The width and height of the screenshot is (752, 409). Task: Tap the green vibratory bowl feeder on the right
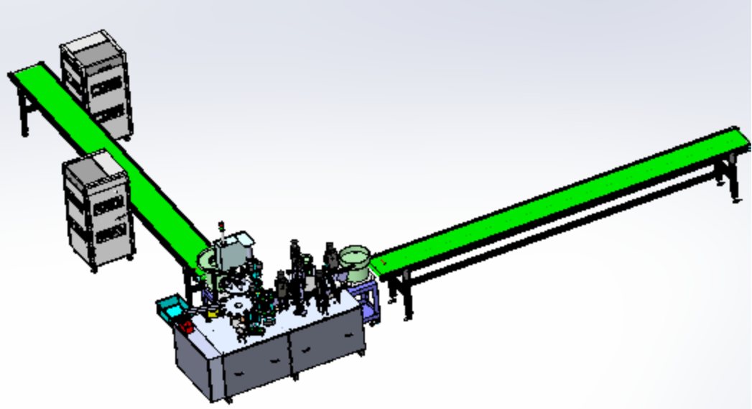pos(355,259)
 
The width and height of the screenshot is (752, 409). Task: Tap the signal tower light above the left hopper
pos(222,229)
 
